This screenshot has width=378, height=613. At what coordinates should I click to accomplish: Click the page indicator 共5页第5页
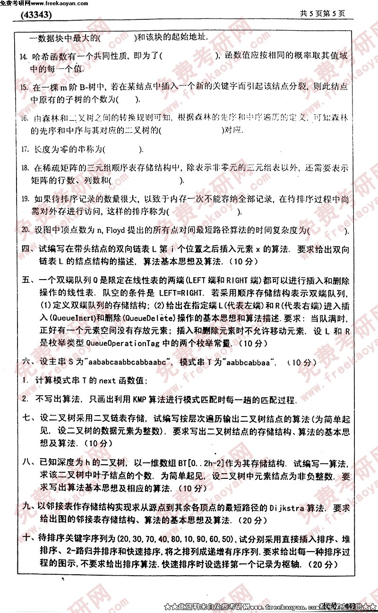323,14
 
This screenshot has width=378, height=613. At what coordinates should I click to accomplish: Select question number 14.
23,57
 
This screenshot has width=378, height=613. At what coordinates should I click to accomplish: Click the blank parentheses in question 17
122,149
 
